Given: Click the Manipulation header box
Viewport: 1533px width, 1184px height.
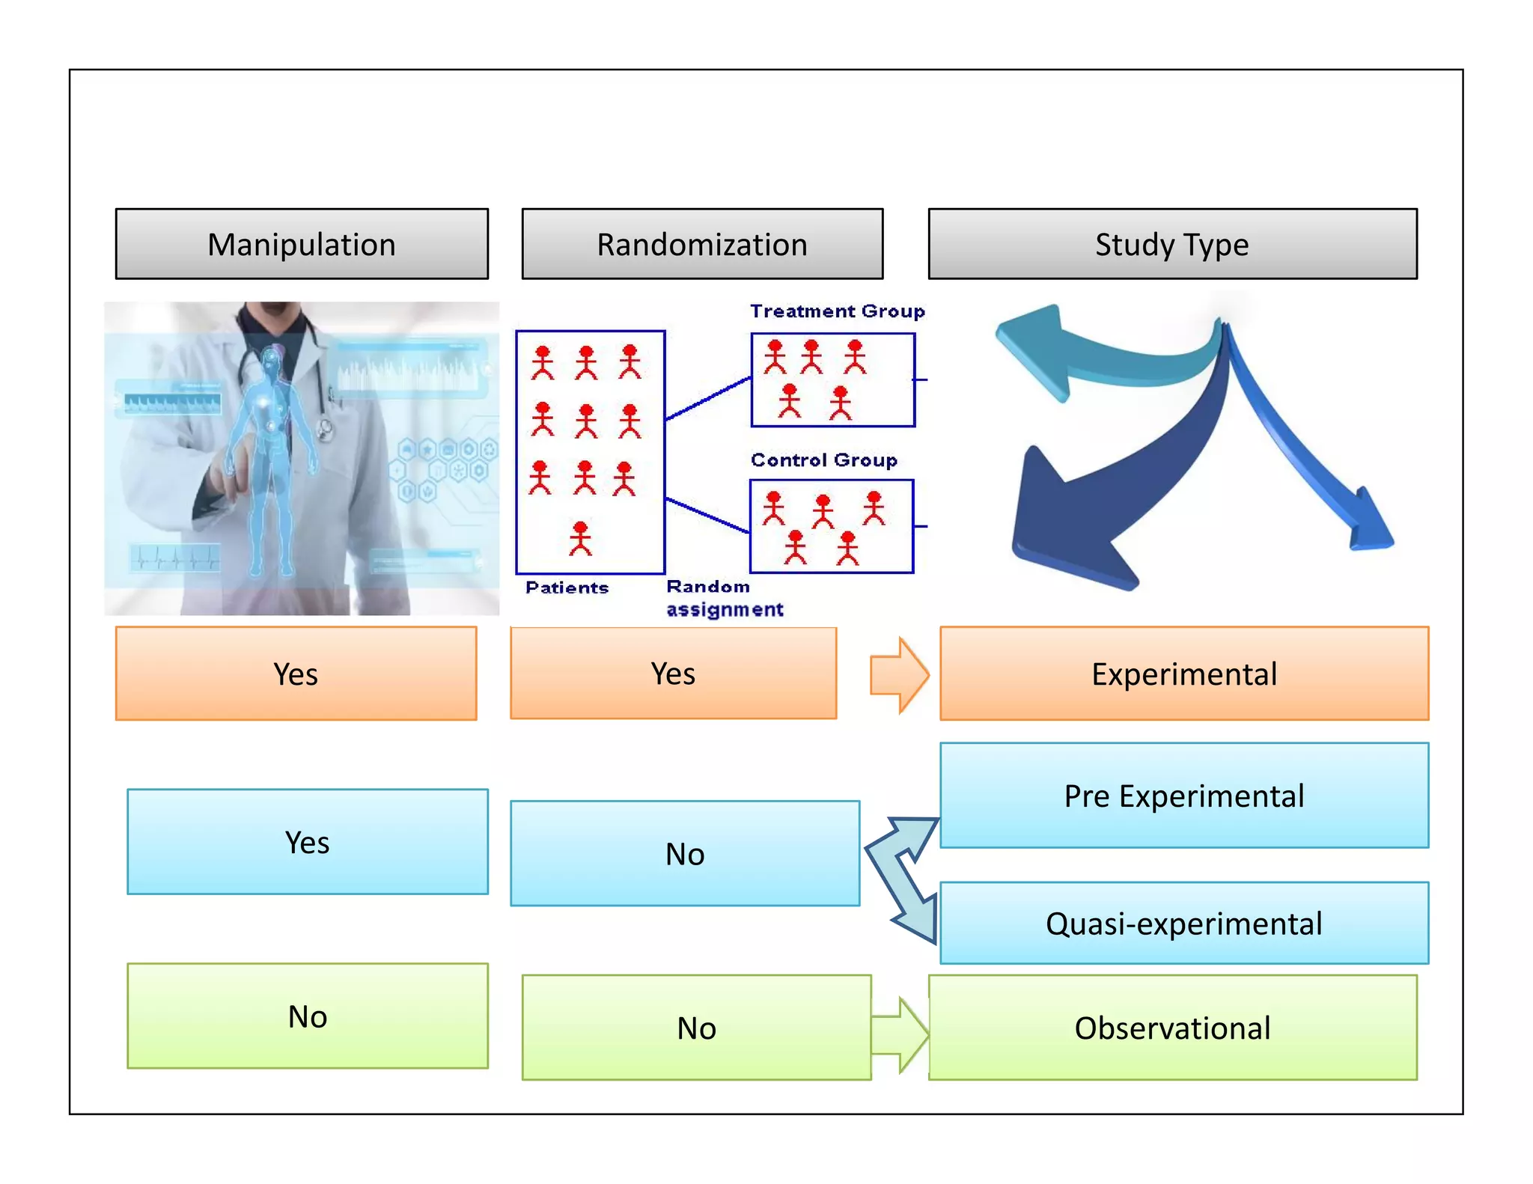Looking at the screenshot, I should point(302,244).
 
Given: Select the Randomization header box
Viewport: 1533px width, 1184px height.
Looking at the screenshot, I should point(702,244).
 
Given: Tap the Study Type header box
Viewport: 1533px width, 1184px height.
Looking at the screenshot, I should point(1172,244).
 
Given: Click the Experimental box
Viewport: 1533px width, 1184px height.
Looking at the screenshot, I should point(1184,674).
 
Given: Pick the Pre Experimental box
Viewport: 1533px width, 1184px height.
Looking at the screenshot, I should point(1184,795).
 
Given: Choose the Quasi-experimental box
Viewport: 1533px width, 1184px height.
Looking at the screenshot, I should point(1184,923).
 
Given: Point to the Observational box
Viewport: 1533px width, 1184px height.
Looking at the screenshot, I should point(1172,1028).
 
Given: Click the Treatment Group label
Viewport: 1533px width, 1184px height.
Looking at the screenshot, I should point(837,311).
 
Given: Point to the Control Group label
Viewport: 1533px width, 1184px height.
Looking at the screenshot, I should point(823,460).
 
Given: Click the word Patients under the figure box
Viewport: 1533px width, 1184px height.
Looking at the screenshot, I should point(567,588).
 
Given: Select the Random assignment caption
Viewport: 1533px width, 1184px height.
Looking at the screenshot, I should point(723,599).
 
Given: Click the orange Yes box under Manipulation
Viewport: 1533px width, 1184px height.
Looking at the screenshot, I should point(296,674).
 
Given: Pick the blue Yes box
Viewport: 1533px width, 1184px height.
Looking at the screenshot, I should point(307,842).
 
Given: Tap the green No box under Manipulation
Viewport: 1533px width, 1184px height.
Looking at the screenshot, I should point(307,1016).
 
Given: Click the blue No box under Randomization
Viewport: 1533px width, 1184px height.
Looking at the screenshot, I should point(684,853).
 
